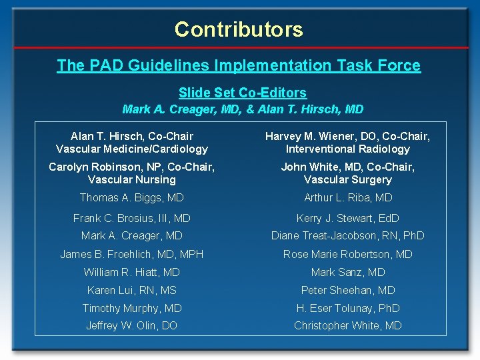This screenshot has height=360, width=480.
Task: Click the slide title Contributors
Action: pyautogui.click(x=239, y=29)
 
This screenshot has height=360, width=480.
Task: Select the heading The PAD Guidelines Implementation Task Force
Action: pyautogui.click(x=239, y=65)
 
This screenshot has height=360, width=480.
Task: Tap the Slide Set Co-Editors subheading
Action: pyautogui.click(x=243, y=93)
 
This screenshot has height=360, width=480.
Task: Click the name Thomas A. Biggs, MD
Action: pyautogui.click(x=132, y=197)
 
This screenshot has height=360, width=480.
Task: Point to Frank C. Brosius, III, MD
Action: pyautogui.click(x=132, y=218)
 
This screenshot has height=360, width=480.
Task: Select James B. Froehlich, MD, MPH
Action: pyautogui.click(x=132, y=254)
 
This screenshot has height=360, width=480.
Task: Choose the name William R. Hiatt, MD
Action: pyautogui.click(x=132, y=272)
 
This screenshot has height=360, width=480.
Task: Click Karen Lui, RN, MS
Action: pyautogui.click(x=132, y=290)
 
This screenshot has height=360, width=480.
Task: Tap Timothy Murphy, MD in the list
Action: pyautogui.click(x=132, y=308)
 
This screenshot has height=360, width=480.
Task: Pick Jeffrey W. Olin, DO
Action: pyautogui.click(x=132, y=325)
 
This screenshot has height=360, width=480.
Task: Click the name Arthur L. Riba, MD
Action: pyautogui.click(x=348, y=197)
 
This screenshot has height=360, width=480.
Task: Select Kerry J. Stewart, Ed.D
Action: pyautogui.click(x=348, y=218)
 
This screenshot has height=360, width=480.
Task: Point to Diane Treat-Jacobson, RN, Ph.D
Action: pyautogui.click(x=348, y=235)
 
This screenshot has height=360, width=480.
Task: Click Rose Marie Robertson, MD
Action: pyautogui.click(x=348, y=254)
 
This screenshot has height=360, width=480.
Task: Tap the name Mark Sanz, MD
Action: pyautogui.click(x=348, y=272)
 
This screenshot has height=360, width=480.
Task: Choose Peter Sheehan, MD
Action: pyautogui.click(x=348, y=290)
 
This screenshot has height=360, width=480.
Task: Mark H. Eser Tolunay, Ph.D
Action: pyautogui.click(x=348, y=308)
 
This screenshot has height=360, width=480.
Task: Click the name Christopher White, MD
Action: pyautogui.click(x=348, y=325)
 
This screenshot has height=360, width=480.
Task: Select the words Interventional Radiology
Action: pyautogui.click(x=348, y=149)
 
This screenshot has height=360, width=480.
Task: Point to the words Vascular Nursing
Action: pyautogui.click(x=132, y=179)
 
